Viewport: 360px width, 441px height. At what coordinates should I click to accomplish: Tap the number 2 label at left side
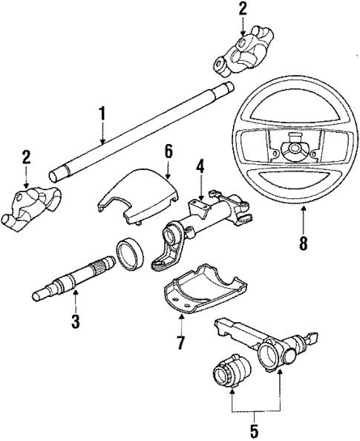pos(26,157)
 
